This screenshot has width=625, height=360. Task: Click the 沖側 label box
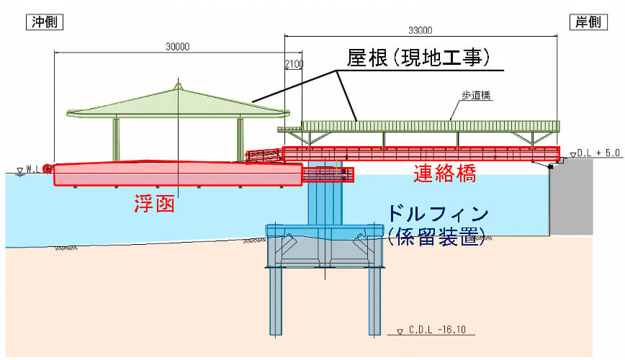click(x=46, y=22)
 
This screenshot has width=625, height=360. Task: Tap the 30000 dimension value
click(x=177, y=47)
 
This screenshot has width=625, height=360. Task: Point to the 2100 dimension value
click(x=294, y=65)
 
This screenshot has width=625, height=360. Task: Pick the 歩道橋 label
click(x=477, y=94)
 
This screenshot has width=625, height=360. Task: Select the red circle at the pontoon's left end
click(x=48, y=169)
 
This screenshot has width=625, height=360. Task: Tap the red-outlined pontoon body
click(x=176, y=174)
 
